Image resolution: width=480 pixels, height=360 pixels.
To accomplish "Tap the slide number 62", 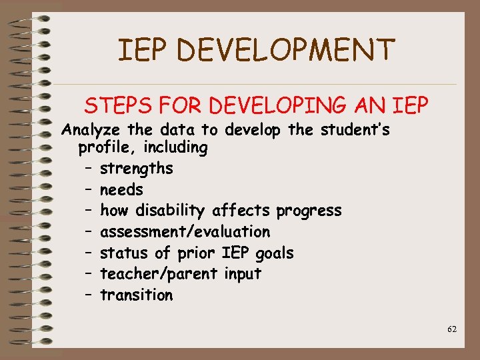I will tap(452, 329).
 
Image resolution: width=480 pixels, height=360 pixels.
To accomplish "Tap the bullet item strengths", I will tap(136, 169).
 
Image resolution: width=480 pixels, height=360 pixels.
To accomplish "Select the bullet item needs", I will tap(121, 190).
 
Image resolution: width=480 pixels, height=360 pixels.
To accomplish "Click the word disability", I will tap(173, 211).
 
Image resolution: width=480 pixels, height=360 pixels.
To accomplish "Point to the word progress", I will tap(309, 211).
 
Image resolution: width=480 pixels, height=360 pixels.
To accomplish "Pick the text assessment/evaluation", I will tap(185, 232).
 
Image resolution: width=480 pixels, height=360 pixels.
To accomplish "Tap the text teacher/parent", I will tap(159, 274).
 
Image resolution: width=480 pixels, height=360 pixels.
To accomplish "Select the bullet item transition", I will tap(136, 295).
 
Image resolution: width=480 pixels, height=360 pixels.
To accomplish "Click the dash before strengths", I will tap(88, 169).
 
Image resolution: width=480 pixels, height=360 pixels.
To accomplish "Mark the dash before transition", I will tap(88, 295).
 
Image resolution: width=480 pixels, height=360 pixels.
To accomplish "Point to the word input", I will tap(243, 274).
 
